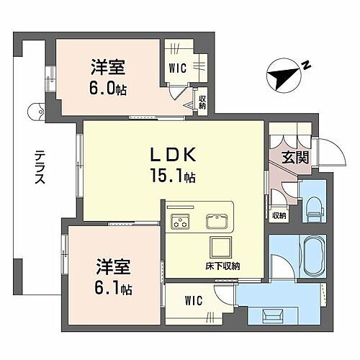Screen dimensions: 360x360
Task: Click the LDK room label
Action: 172,154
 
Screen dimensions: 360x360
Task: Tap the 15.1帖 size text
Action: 173,175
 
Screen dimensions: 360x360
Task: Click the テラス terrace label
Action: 39,168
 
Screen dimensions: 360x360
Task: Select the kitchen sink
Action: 216,221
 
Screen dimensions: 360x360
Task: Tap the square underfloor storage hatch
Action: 219,247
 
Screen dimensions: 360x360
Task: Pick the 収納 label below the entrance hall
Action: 279,215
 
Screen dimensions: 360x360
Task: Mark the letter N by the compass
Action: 306,67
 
